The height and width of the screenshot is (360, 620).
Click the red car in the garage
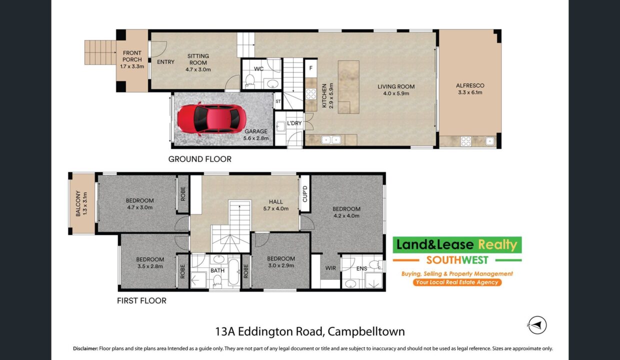point(211,118)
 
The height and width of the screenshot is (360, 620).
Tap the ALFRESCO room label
point(470,86)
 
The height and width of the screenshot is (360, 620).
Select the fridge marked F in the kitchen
point(311,68)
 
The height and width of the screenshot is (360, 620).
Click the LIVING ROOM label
point(396,86)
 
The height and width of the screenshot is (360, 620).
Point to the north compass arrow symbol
point(537,325)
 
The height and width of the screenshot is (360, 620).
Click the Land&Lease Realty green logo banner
point(457,245)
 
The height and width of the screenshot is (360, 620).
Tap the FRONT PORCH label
point(132,56)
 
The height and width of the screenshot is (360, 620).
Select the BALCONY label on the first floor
point(78,203)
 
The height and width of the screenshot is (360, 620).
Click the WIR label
point(330,268)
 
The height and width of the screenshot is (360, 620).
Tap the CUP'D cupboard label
point(305,193)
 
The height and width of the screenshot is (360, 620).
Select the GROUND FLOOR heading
point(200,159)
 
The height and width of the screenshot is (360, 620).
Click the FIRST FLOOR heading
point(141,301)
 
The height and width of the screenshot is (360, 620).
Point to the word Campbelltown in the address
point(366,332)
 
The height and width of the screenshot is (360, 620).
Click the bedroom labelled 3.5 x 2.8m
point(150,263)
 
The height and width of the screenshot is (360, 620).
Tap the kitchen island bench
point(348,87)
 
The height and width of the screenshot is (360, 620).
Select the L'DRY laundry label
point(294,123)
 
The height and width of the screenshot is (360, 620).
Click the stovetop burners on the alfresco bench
point(466,141)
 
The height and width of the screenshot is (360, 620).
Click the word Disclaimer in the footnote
point(85,348)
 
